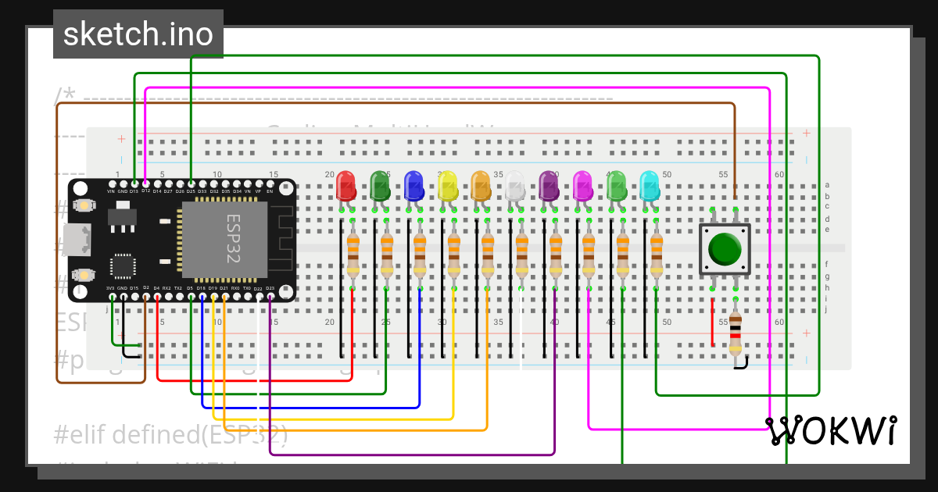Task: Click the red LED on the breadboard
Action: coord(345,186)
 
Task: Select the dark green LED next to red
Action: coord(380,186)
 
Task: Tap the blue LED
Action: coord(414,186)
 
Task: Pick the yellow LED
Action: coord(448,186)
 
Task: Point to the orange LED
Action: coord(482,186)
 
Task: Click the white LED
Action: coord(515,186)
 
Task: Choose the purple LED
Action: coord(550,186)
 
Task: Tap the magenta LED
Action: coord(583,186)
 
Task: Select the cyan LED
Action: coord(650,186)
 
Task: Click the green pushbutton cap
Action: coord(725,248)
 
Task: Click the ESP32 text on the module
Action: coord(233,239)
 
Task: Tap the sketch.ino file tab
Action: coord(138,34)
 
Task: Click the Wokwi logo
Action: coord(830,430)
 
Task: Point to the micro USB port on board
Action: coord(79,240)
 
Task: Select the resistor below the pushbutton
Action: coord(736,334)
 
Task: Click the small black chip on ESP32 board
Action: coord(123,265)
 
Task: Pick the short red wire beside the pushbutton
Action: coord(712,321)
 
